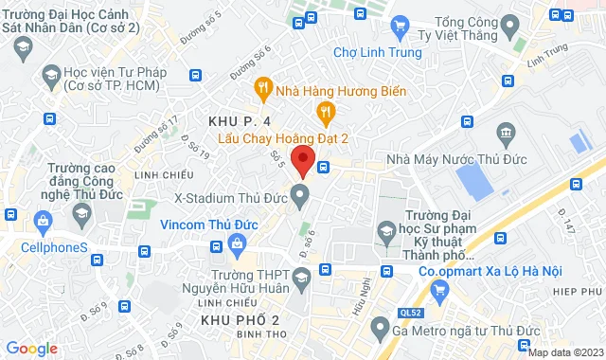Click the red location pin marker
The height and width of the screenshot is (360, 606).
[x=302, y=161]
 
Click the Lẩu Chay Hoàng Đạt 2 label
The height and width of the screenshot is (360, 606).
[x=283, y=138]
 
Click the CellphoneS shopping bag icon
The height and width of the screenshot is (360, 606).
[x=43, y=221]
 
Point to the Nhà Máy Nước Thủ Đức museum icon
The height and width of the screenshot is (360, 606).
[x=505, y=131]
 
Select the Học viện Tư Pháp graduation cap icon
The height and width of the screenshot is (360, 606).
[x=49, y=74]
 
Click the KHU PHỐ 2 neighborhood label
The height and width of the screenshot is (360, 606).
[x=240, y=320]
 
